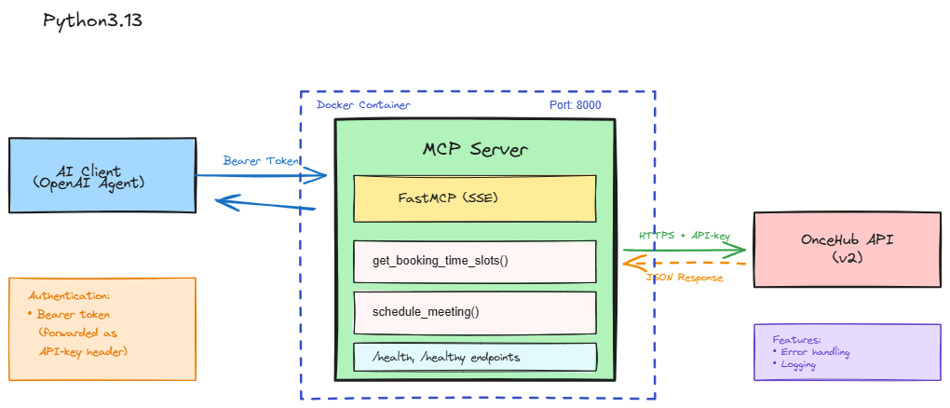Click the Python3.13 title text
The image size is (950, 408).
click(x=92, y=20)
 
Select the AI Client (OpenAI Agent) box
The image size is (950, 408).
click(x=102, y=176)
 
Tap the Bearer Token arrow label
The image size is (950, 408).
click(x=261, y=161)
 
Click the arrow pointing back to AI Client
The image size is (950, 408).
click(x=265, y=204)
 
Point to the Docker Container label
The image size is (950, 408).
click(x=363, y=105)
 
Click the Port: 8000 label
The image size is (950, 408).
click(x=576, y=105)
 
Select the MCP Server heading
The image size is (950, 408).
click(x=474, y=150)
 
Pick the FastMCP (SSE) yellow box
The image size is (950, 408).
click(x=474, y=198)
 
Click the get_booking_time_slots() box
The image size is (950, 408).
click(x=474, y=261)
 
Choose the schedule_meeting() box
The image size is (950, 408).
click(x=474, y=312)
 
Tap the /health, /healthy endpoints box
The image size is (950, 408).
click(x=474, y=357)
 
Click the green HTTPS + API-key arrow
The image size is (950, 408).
click(x=685, y=250)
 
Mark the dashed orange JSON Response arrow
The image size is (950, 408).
click(x=685, y=264)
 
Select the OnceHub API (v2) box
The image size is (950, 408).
click(x=847, y=249)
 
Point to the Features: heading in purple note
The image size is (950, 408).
click(x=797, y=340)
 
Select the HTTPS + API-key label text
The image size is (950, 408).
click(x=685, y=236)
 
